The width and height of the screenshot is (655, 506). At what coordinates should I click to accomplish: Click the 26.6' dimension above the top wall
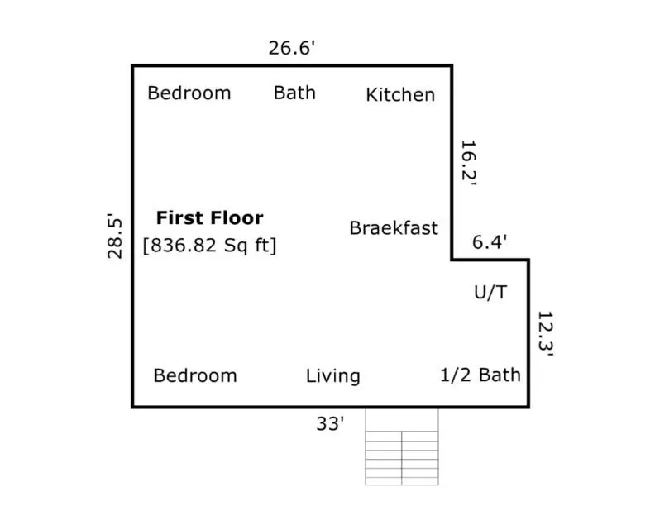point(291,48)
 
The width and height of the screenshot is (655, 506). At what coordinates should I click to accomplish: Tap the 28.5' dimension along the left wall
point(115,236)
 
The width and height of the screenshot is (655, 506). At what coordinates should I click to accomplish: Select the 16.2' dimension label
point(469,162)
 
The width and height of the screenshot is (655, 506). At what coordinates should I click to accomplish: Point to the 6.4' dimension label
point(490,241)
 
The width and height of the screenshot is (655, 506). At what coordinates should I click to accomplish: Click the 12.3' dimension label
point(546,333)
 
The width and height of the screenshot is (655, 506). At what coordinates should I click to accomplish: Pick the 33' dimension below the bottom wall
point(330,424)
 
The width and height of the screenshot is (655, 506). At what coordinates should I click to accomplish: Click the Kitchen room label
point(400,95)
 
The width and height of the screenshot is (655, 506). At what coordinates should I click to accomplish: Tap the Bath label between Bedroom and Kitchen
point(294,93)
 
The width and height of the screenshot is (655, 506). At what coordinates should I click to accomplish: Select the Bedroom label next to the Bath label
point(189,93)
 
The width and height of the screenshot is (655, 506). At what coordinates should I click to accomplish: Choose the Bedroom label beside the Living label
point(195,375)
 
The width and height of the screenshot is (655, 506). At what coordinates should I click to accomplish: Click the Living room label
point(333,376)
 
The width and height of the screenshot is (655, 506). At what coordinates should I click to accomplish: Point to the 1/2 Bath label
point(480,375)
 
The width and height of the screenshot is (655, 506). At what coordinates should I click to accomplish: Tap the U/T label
point(490,292)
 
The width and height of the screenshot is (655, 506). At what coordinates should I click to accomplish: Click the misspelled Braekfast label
point(394,228)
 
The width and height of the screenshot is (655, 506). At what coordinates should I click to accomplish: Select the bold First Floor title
point(210,218)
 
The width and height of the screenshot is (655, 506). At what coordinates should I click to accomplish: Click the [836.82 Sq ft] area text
point(210,245)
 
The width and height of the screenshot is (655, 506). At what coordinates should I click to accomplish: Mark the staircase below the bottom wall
point(402,446)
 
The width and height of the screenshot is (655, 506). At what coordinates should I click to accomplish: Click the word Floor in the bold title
point(237,218)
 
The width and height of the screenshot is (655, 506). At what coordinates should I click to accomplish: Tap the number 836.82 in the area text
point(184,245)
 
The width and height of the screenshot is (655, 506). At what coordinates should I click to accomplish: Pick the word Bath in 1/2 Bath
point(500,375)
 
